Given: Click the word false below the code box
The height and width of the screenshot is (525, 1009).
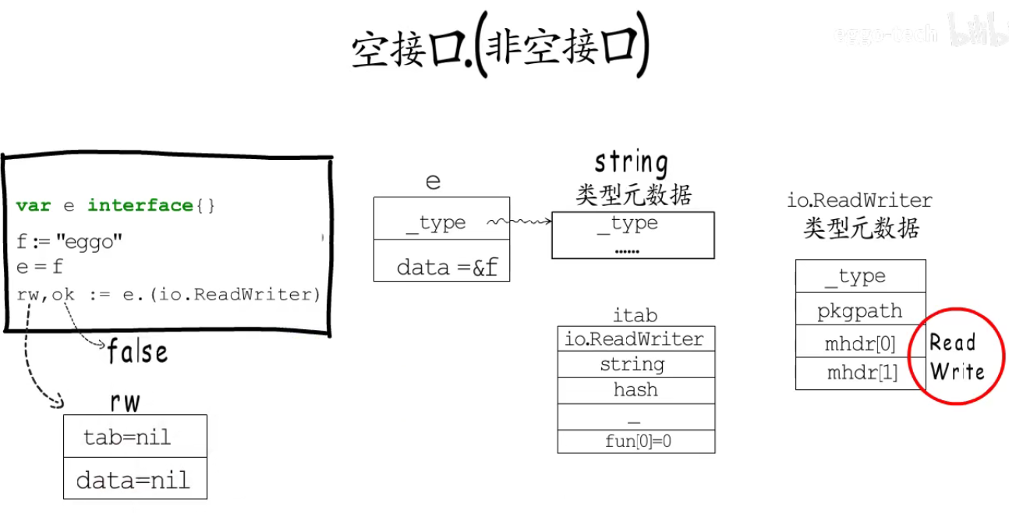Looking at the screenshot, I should pos(137,352).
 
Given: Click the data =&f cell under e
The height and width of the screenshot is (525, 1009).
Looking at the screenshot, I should pos(442,268).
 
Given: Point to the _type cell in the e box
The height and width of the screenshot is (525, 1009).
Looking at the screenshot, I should pos(436,223).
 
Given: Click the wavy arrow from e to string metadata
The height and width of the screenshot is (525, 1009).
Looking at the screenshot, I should pos(519,223).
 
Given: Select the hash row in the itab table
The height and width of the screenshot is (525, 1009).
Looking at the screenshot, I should pos(635,390).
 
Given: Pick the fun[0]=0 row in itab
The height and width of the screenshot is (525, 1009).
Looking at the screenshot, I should pos(635,442).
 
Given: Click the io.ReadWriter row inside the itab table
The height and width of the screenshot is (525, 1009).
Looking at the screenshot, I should pos(635,339).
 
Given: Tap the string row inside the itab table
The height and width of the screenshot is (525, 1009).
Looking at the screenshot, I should pos(635,364).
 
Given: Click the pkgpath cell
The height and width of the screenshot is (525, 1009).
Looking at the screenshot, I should pos(859,311).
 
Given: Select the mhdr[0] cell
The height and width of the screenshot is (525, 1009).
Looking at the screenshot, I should pos(859,343).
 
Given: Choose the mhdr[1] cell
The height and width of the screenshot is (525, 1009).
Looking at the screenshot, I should pos(859,373).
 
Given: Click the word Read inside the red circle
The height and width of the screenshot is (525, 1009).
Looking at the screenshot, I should pos(953,342).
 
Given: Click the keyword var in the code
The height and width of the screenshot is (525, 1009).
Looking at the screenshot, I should pos(34,205).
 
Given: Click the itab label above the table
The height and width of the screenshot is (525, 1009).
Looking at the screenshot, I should pos(635,315).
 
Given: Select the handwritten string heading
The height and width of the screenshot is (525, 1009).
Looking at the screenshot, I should pos(632,163).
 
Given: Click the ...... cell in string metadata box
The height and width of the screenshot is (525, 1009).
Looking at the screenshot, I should pos(627,250).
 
